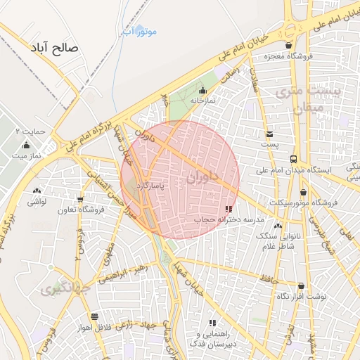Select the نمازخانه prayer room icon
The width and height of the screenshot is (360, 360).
click(202, 90)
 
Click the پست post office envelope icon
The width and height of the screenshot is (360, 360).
click(270, 134)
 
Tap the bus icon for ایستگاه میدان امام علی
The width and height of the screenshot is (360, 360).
click(293, 159)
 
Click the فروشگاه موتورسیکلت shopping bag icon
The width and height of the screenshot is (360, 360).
click(304, 192)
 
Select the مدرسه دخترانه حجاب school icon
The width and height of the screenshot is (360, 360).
click(227, 209)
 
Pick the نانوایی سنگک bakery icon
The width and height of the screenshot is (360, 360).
click(278, 226)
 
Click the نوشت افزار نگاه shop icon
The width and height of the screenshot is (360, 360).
click(301, 286)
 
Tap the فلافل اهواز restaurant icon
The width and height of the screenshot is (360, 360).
click(94, 316)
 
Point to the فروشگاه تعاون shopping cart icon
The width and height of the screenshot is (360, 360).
click(81, 199)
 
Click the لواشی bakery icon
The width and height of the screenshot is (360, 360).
click(37, 191)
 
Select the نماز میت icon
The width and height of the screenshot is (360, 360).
click(27, 145)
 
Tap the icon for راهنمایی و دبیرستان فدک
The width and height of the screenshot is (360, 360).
click(212, 323)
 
